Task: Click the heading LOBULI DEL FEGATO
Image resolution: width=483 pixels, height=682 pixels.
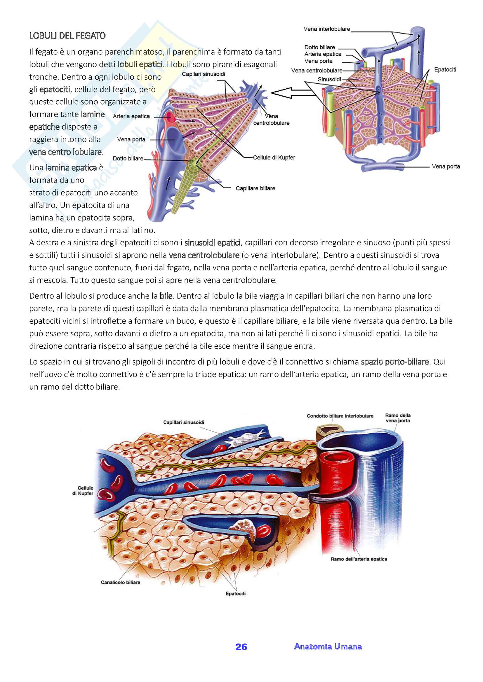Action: pos(67,36)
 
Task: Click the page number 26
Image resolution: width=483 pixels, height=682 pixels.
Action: pos(241,647)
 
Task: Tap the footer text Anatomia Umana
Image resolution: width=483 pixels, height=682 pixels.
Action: pos(328,646)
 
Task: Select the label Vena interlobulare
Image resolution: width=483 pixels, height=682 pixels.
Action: pos(326,29)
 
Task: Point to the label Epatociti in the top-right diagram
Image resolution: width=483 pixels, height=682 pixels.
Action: pos(445,69)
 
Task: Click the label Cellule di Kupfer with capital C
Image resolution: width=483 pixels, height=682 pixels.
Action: pos(274,157)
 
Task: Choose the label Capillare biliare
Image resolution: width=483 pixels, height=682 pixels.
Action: pos(255,188)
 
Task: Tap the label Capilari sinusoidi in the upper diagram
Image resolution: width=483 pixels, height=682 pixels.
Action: pos(204,74)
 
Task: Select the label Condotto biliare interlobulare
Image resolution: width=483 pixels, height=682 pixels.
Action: pos(340,416)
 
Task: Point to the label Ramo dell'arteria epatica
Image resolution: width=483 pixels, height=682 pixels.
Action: pos(359,559)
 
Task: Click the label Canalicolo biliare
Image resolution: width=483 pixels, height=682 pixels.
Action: pos(120,582)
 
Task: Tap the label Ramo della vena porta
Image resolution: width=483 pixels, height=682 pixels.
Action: pos(398,418)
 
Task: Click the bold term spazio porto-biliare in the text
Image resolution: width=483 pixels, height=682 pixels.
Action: pos(395,362)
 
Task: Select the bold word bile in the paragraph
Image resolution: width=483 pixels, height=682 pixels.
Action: pos(166,296)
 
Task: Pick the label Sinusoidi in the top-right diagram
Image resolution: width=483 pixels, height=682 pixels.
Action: pos(329,79)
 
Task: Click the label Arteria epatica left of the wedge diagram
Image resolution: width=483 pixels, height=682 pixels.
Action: pos(131,116)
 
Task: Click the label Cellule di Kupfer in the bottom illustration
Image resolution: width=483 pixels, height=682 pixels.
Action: pos(83,490)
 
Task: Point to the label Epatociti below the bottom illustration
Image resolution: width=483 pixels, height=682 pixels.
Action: pos(236,593)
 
